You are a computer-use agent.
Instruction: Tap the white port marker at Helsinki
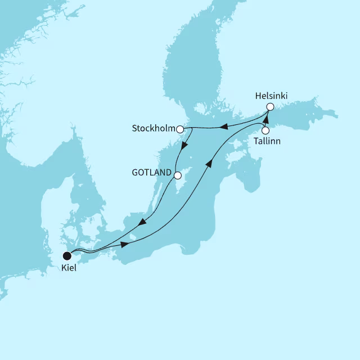(x=270, y=106)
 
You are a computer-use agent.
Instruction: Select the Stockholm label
(x=153, y=128)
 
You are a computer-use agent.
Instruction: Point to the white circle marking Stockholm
(x=180, y=129)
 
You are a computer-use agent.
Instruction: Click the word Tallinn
(x=267, y=141)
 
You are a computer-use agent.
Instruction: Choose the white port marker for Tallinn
(x=265, y=130)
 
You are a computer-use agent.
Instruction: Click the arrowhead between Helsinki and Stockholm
(x=223, y=127)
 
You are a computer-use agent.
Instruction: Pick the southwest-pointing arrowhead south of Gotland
(x=142, y=222)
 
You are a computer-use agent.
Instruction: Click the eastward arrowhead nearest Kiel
(x=124, y=245)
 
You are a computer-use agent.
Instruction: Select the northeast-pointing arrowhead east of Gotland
(x=209, y=163)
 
